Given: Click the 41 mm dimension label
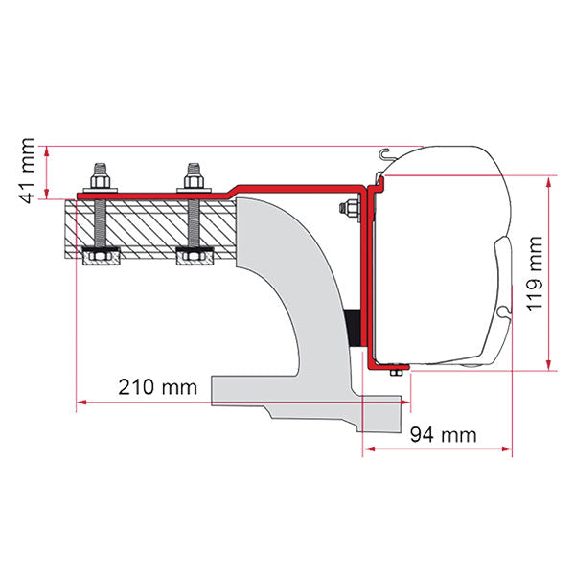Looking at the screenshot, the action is (x=28, y=171).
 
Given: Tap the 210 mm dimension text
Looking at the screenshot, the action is (x=158, y=387).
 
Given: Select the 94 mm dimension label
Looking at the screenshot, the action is (x=444, y=435).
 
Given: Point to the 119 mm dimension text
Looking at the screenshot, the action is (x=534, y=274).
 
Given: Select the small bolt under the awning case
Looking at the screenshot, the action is (x=396, y=372).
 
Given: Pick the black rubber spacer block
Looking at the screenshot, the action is (x=353, y=328).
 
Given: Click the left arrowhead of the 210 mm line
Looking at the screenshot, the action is (x=81, y=402).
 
